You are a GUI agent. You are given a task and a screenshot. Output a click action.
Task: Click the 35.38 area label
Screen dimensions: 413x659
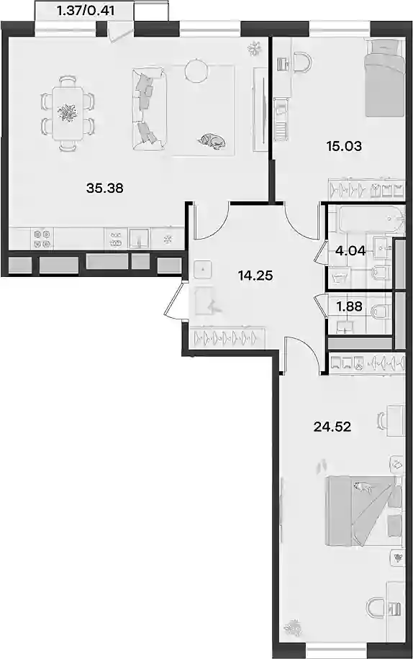click(x=104, y=188)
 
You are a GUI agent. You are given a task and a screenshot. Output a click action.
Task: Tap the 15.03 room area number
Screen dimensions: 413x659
click(x=344, y=146)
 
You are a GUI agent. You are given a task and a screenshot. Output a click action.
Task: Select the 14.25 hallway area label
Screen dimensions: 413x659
click(x=255, y=276)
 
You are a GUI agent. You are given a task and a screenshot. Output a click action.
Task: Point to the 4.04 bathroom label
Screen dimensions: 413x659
click(x=350, y=251)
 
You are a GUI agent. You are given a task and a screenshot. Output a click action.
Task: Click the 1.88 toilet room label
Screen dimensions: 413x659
click(x=349, y=306)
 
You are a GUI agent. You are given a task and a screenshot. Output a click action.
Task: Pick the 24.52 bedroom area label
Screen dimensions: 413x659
click(x=332, y=427)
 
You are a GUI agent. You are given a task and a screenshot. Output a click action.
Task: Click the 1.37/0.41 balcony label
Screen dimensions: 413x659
click(x=86, y=11)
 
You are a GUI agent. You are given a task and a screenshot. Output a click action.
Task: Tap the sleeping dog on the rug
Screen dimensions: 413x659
click(x=212, y=141)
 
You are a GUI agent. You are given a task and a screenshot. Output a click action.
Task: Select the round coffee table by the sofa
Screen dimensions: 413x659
click(x=196, y=71)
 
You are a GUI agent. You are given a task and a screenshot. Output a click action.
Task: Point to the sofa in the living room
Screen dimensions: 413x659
click(x=149, y=109)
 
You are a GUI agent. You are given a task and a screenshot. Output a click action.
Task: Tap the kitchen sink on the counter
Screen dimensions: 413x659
click(x=139, y=239)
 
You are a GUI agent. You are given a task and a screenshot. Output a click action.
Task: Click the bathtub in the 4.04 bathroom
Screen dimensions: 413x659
click(x=372, y=219)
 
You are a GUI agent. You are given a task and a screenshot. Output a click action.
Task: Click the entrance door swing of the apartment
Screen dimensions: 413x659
click(x=174, y=300)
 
